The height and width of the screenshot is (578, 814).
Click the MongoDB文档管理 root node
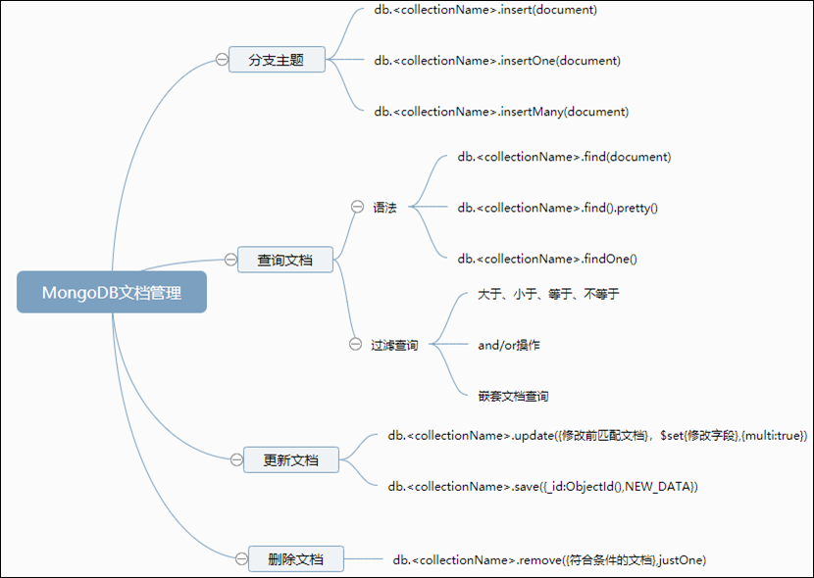[x=112, y=292]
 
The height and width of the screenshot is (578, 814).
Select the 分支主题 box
[x=276, y=60]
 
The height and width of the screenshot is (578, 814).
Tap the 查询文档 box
[x=285, y=260]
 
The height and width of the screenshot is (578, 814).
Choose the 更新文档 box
[x=291, y=459]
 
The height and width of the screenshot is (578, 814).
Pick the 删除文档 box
[x=295, y=559]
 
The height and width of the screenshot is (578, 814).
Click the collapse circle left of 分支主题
[x=222, y=60]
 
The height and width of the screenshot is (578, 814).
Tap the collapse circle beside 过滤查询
[x=356, y=344]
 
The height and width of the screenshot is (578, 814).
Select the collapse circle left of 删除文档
[x=241, y=559]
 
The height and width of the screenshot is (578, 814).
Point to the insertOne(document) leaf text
[x=497, y=61]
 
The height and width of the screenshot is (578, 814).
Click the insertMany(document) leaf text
[x=501, y=112]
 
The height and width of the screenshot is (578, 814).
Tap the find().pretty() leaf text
[x=557, y=208]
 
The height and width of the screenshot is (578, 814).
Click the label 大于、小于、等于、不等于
[x=548, y=294]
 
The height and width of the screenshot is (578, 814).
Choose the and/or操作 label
[x=509, y=345]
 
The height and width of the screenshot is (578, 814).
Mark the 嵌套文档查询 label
[x=513, y=396]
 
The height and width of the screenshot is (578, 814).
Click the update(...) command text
[x=597, y=435]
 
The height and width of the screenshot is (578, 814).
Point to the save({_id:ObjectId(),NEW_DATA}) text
[x=542, y=486]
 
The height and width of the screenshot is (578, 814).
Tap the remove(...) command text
[x=549, y=559]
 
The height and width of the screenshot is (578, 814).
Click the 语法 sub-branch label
[x=384, y=208]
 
